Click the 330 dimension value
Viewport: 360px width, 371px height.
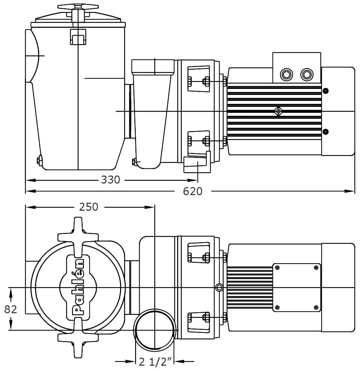coord(110,180)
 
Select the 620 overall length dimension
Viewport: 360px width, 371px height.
coord(193,191)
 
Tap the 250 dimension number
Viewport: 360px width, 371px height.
coord(89,207)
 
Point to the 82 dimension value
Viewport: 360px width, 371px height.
coord(11,309)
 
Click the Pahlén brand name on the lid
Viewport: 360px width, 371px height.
coord(78,287)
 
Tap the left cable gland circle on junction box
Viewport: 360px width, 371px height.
coord(286,74)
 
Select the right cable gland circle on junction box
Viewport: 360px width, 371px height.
coord(307,74)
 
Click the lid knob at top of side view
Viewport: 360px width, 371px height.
coord(78,7)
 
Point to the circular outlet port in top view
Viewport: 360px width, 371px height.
coord(154,330)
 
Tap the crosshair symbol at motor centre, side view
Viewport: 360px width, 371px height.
coord(278,111)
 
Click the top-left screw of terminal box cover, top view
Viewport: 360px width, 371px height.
coord(277,267)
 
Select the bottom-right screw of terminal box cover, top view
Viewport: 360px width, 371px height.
coord(316,307)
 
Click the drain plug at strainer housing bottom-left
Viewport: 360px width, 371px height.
coord(39,160)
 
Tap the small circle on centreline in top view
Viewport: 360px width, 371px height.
coord(218,287)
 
